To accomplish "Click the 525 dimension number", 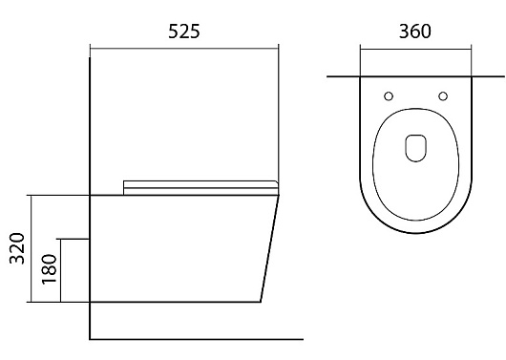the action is coord(184,32).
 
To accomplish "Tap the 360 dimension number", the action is coord(415,32).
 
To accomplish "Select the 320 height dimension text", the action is coord(17,248).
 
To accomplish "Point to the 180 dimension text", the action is coord(50,269).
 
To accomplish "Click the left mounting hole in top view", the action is coord(389,96).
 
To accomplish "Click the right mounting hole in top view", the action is coord(443,96).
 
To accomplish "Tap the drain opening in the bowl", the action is coord(415,148).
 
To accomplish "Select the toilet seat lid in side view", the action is coord(200,187).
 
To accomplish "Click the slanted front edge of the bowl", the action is coord(270,248).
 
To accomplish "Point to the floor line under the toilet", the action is coord(197,339).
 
